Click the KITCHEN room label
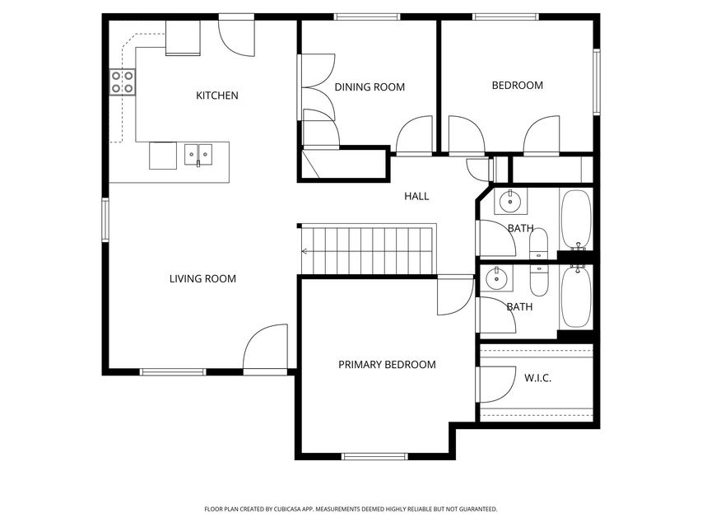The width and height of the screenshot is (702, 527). (216, 96)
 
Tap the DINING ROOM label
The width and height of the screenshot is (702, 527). (370, 86)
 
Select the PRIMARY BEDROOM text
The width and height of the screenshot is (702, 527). (387, 364)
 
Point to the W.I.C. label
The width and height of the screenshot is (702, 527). (537, 378)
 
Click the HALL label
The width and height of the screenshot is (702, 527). (416, 196)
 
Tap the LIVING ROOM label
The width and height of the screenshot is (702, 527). (202, 278)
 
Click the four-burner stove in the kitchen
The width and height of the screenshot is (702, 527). (123, 82)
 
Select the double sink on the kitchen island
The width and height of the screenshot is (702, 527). (198, 153)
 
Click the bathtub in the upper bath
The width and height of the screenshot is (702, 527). (574, 219)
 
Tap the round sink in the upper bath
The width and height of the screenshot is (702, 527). (509, 200)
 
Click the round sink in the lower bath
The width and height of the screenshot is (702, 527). (498, 278)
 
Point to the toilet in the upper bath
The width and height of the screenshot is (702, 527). (538, 244)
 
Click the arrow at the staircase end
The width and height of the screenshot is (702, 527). (305, 251)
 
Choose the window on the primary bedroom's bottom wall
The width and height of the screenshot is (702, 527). (374, 456)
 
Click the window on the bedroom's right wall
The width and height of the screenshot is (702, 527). (597, 82)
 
